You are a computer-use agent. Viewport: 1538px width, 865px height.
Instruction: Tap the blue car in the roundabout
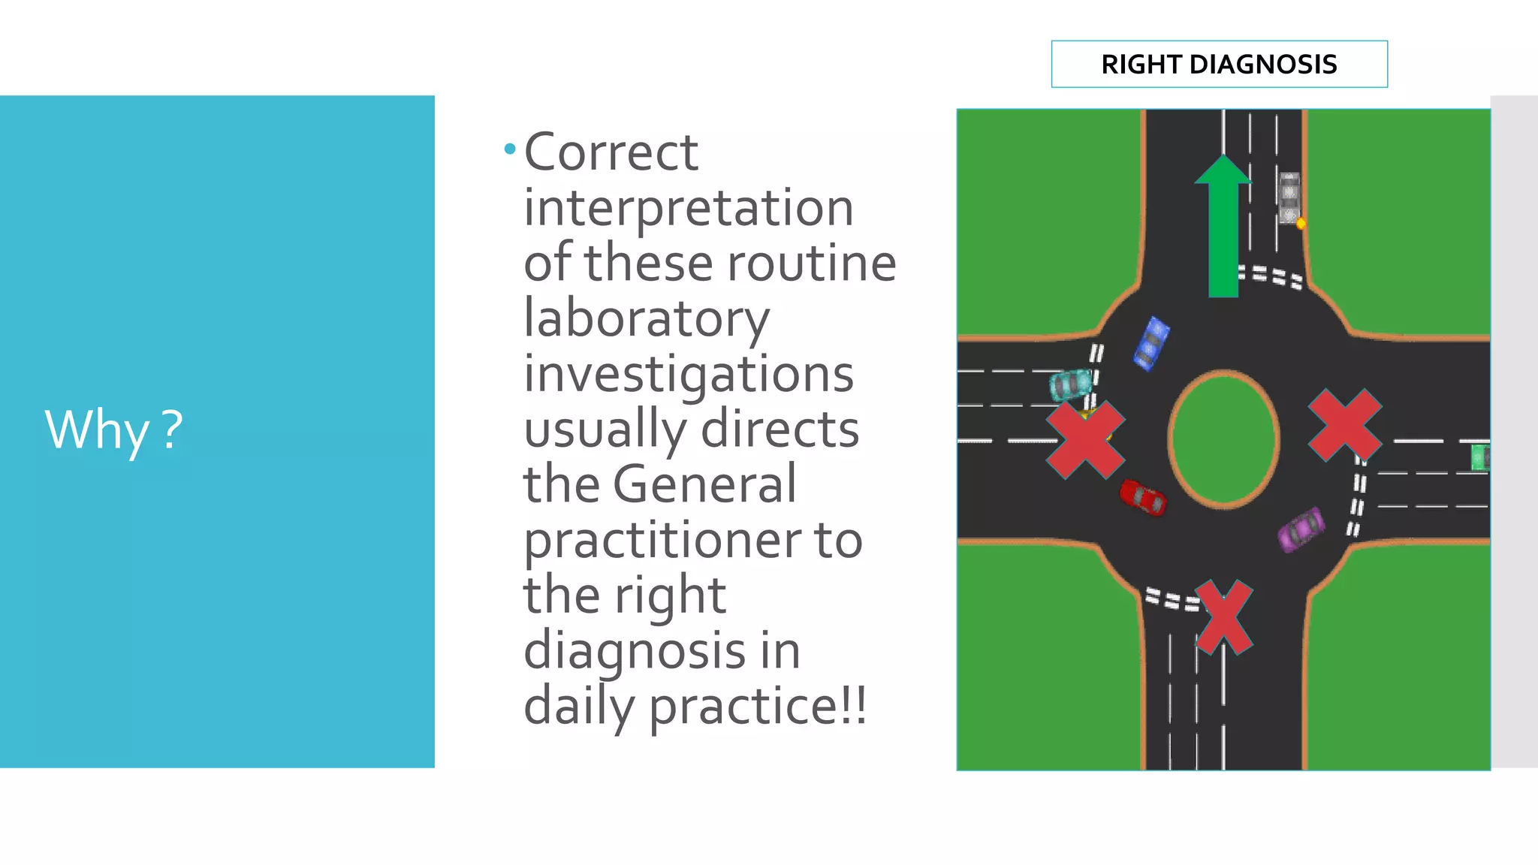1151,344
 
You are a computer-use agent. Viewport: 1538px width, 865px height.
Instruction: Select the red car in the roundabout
1143,497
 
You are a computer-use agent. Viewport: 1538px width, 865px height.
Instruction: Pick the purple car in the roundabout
1301,529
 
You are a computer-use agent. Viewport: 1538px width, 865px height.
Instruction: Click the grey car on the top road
1289,197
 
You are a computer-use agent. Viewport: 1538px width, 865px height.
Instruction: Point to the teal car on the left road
1070,384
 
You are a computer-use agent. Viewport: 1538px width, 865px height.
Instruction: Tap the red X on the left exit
1085,440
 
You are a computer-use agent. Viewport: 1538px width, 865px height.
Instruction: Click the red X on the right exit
1345,425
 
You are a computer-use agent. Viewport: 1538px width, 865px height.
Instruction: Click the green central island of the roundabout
1223,439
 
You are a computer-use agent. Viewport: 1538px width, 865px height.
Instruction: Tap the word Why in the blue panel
97,430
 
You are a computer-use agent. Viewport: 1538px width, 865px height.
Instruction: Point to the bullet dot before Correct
510,149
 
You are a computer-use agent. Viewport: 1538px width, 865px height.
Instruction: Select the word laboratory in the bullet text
647,318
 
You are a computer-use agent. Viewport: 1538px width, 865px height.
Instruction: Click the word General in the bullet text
704,484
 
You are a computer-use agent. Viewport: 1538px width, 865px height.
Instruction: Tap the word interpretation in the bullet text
689,208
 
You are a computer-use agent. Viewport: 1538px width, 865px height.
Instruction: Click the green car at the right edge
1480,457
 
